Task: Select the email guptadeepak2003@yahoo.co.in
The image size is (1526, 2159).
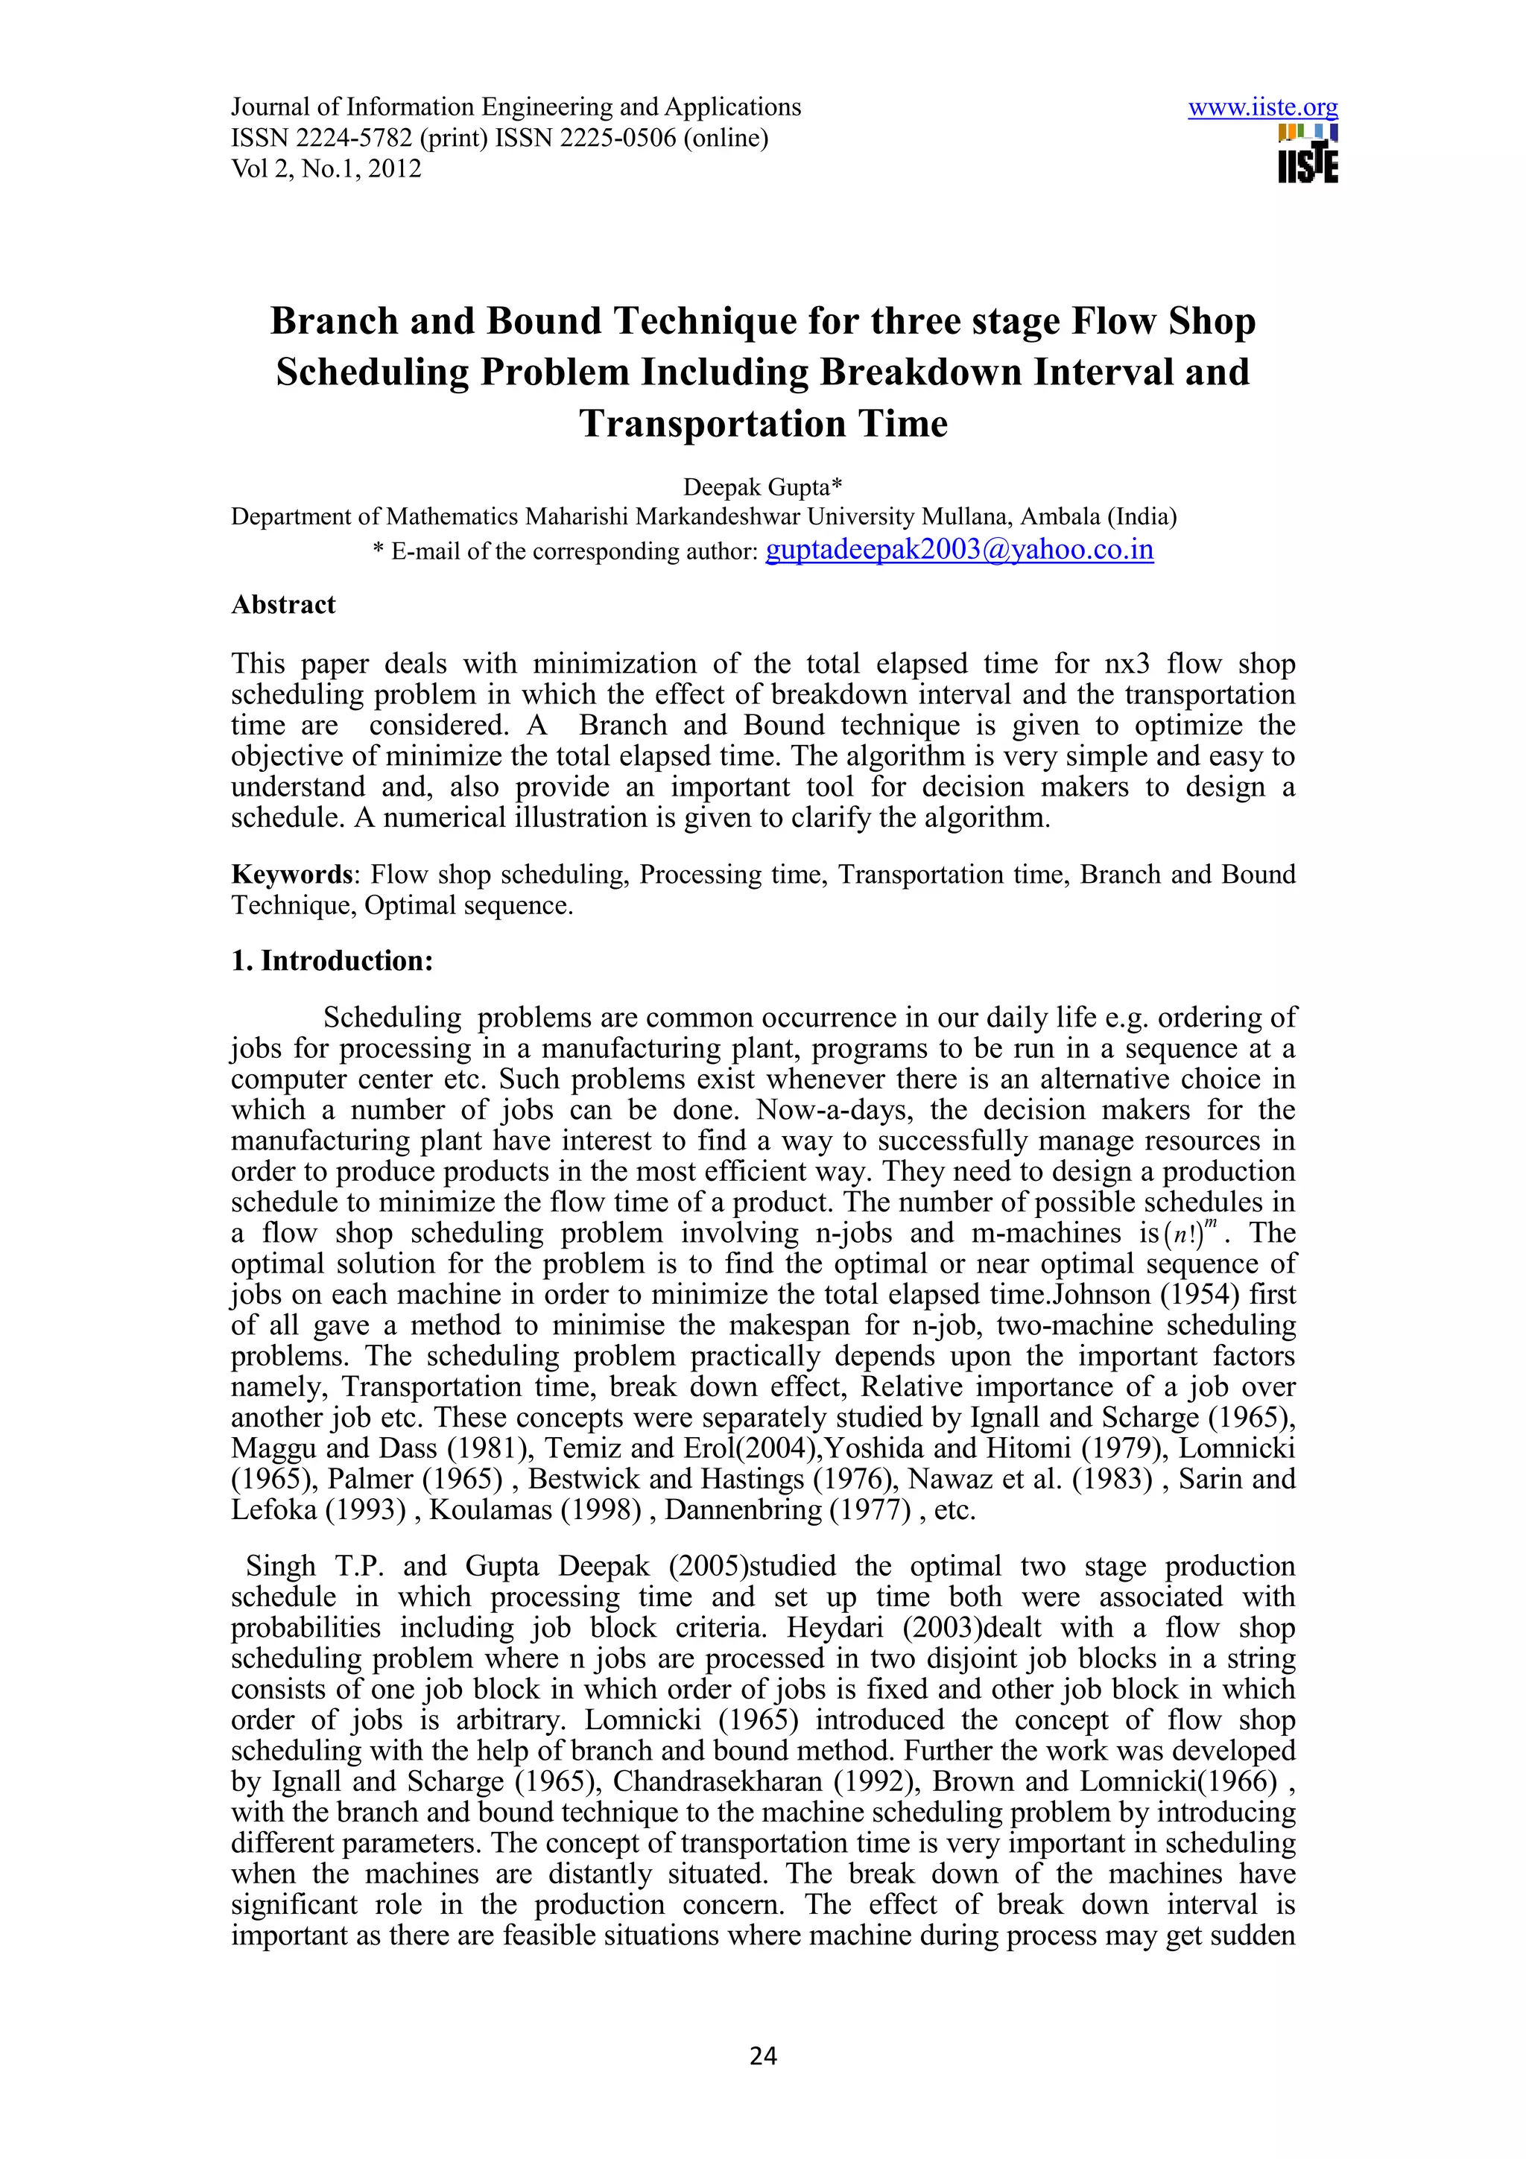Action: click(959, 549)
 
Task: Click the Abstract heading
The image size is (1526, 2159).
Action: click(283, 605)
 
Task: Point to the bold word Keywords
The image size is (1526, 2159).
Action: click(291, 875)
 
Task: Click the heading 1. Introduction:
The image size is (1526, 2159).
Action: click(332, 961)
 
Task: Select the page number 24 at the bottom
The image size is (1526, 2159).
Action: click(762, 2055)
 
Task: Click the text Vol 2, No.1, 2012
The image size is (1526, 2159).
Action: click(326, 169)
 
